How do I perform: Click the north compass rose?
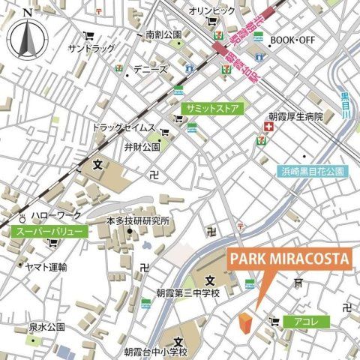click(28, 35)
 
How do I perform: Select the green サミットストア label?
click(212, 109)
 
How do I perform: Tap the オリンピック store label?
click(211, 11)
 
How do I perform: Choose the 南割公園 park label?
click(164, 34)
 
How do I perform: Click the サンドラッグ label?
click(91, 48)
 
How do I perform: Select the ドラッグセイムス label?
click(124, 127)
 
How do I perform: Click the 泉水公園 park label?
click(47, 328)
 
